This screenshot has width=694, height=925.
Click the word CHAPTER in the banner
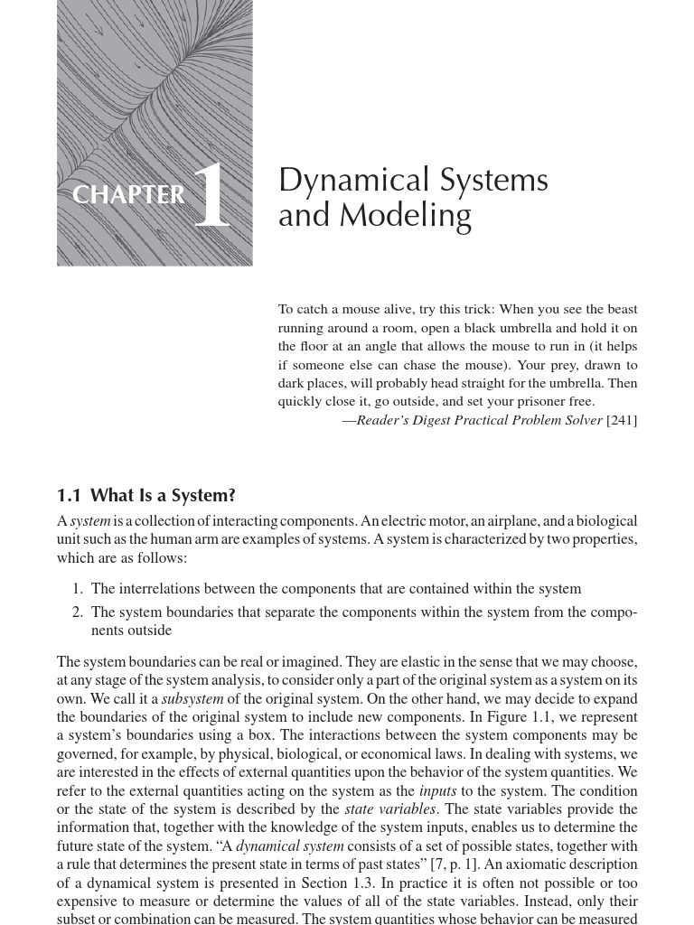tap(128, 195)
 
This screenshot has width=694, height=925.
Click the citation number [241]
tap(622, 420)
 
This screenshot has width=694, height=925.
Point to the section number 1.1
tap(69, 495)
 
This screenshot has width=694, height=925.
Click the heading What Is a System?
tap(163, 495)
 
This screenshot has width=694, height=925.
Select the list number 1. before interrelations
tap(78, 589)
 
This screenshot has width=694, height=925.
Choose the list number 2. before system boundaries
tap(78, 612)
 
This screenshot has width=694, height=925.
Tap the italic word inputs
tap(437, 791)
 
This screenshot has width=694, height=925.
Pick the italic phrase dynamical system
tap(289, 846)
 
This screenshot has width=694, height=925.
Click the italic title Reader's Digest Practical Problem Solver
tap(479, 420)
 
